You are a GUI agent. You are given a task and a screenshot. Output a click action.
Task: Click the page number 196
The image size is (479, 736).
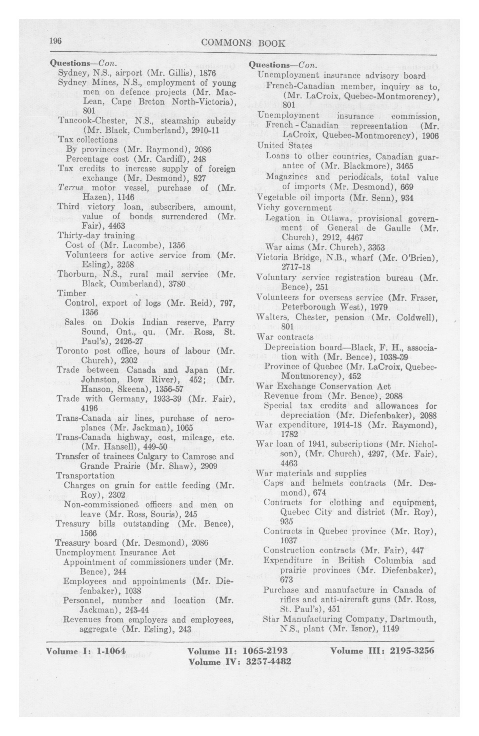coord(56,41)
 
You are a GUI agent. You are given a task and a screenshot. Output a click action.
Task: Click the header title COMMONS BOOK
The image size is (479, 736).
coord(243,43)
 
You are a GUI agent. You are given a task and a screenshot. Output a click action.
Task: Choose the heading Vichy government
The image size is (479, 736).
coord(294,207)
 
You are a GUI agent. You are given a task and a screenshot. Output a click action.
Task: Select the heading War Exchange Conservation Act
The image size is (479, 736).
coord(323,386)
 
